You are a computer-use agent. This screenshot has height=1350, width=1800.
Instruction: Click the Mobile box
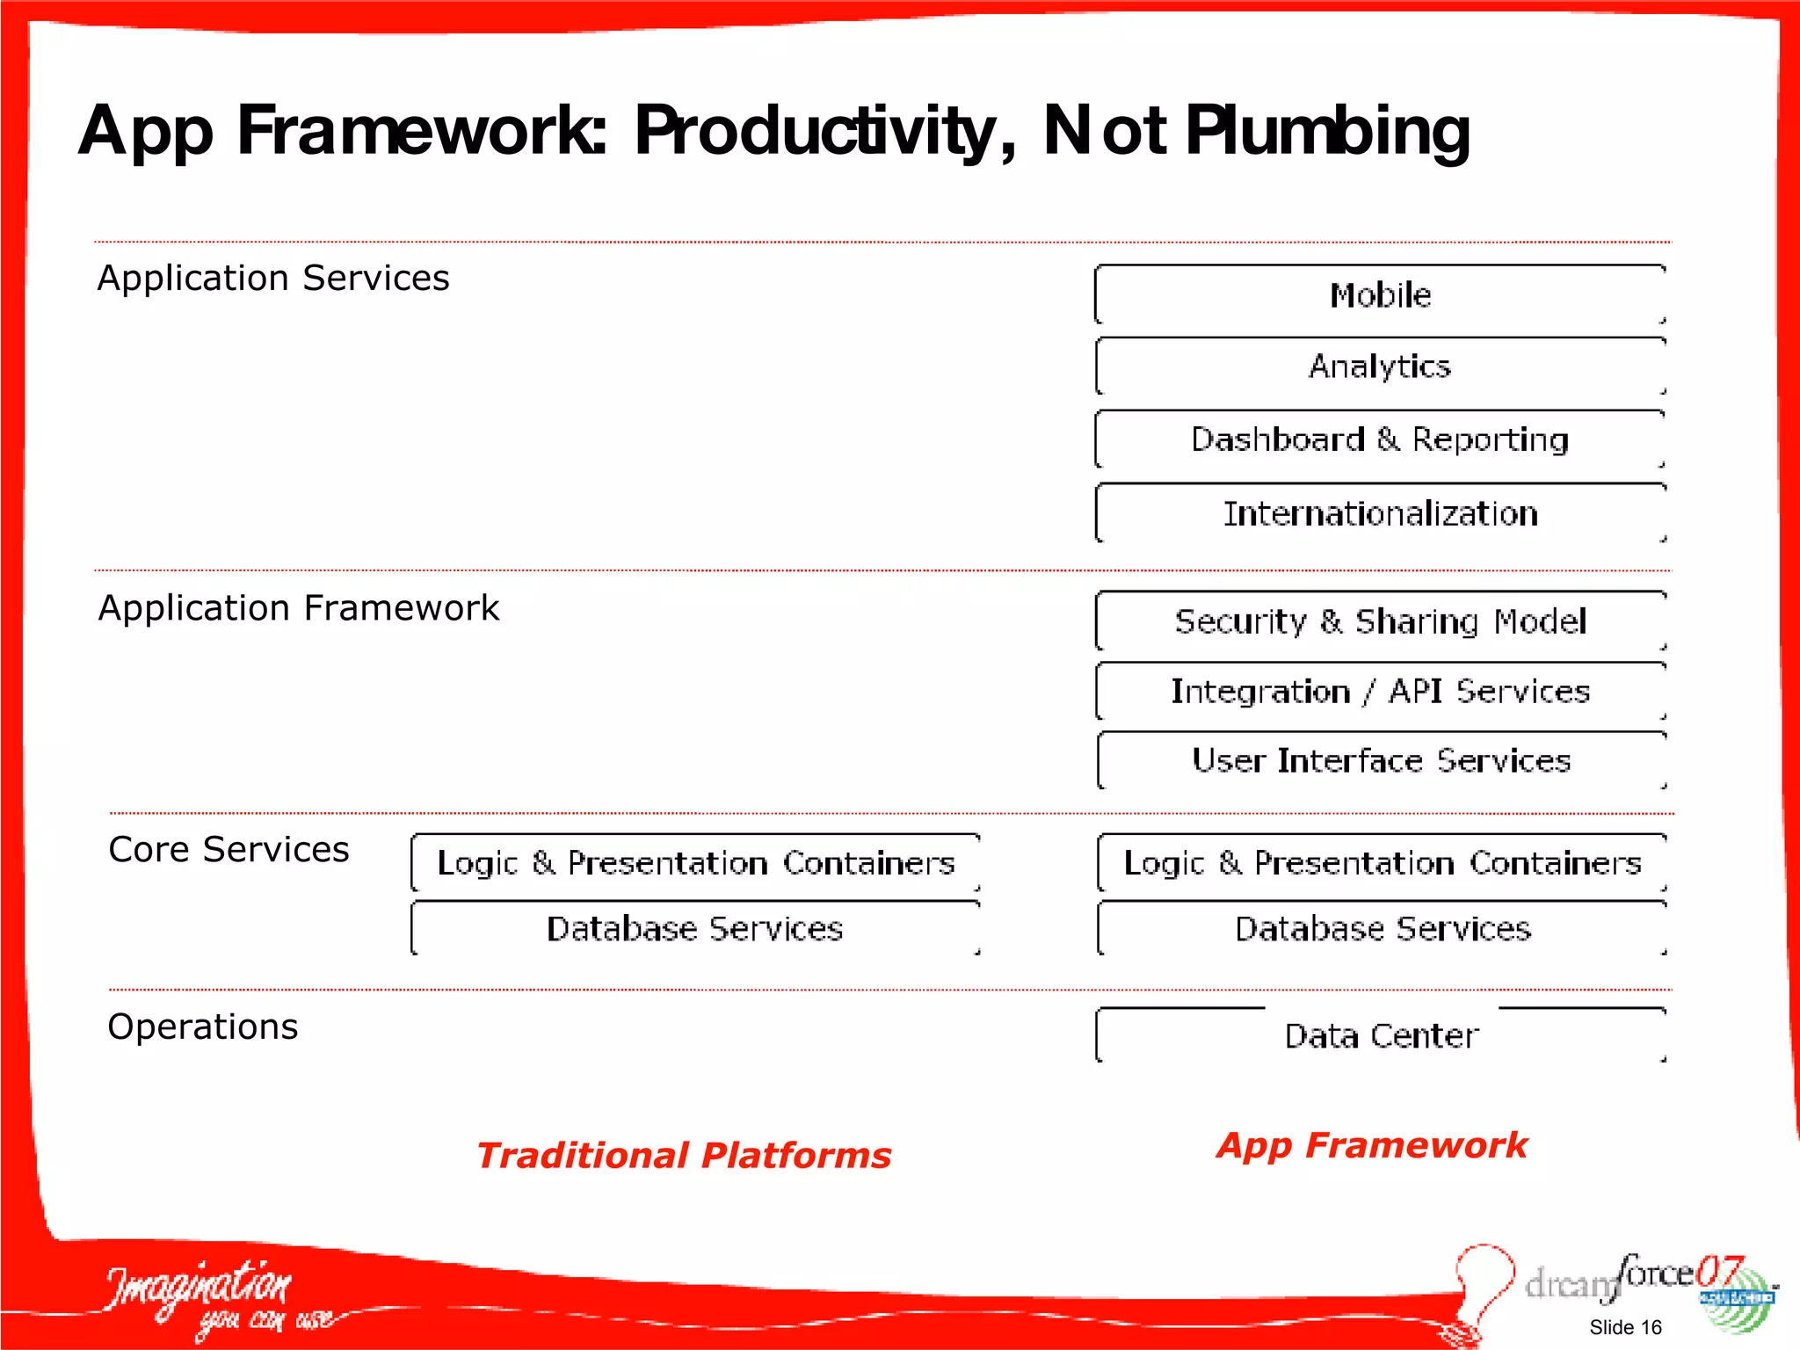(x=1380, y=295)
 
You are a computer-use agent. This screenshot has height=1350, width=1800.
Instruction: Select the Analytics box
(x=1380, y=367)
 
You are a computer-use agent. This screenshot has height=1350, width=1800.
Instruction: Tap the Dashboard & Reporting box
(x=1380, y=439)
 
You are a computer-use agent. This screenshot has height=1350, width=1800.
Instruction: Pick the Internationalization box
(x=1380, y=513)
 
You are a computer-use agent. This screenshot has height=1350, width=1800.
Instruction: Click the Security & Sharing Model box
(x=1380, y=621)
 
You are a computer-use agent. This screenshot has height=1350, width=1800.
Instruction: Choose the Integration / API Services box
(x=1380, y=692)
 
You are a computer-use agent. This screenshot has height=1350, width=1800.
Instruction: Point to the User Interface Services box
(x=1380, y=760)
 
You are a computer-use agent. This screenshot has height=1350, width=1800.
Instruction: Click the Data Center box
(x=1380, y=1036)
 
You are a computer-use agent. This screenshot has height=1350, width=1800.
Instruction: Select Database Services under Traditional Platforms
(x=694, y=929)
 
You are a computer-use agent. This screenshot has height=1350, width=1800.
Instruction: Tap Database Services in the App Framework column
(x=1382, y=929)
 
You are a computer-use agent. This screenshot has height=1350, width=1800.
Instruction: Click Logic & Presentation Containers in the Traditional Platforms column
(x=694, y=863)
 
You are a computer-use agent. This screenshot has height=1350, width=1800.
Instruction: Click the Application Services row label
(x=273, y=279)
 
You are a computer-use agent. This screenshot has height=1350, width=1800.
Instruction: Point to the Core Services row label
(x=229, y=850)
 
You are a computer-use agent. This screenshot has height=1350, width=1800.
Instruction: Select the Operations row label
(x=202, y=1027)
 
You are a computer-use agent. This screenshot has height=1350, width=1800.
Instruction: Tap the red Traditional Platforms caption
(x=684, y=1155)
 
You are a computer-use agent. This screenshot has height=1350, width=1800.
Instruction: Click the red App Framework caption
(x=1371, y=1145)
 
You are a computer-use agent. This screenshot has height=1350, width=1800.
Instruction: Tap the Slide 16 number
(x=1625, y=1327)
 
